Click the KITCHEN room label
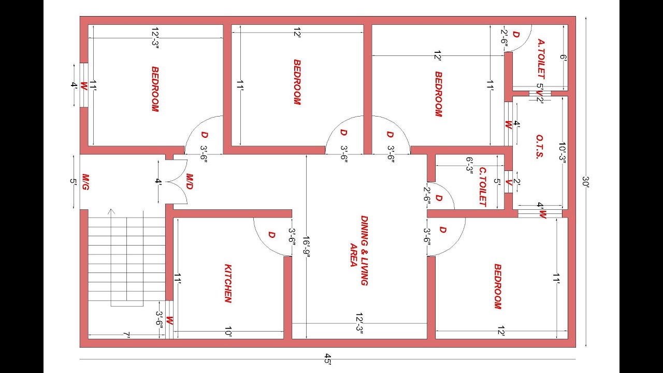tap(228, 283)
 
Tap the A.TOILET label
tap(541, 59)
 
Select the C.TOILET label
tap(483, 187)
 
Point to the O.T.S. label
tap(540, 147)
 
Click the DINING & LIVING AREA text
tap(359, 250)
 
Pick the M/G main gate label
tap(85, 182)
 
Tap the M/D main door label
tap(190, 181)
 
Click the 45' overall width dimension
tap(328, 359)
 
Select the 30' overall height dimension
tap(586, 182)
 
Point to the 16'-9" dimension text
tap(306, 247)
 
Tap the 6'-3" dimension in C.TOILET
tap(469, 164)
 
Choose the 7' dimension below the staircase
tap(127, 335)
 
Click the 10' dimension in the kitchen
tap(228, 332)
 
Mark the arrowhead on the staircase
tap(111, 211)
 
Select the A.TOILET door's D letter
tap(516, 35)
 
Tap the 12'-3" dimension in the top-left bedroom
tap(155, 38)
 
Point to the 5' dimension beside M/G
tap(74, 181)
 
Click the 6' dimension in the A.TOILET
tap(563, 57)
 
